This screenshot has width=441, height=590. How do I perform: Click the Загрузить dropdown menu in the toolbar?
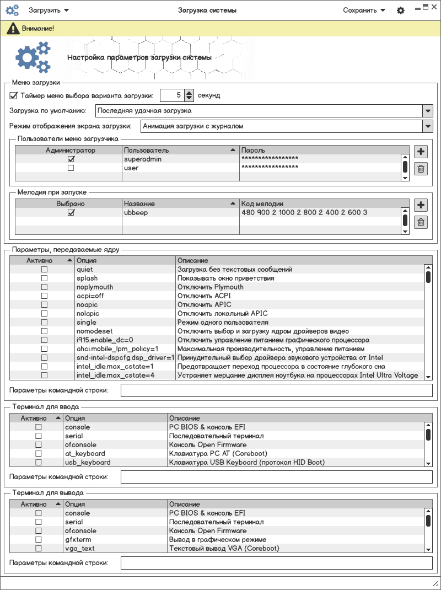[x=49, y=10]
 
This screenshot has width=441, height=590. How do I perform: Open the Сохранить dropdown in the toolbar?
[x=364, y=10]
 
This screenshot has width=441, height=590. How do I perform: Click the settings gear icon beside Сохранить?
[x=401, y=10]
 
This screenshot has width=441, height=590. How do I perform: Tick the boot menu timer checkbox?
[x=14, y=95]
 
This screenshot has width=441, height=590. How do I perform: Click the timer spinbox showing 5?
[x=171, y=95]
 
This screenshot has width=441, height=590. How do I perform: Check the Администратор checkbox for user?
[x=71, y=168]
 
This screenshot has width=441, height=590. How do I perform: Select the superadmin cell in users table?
[x=143, y=159]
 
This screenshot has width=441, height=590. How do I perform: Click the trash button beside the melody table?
[x=421, y=222]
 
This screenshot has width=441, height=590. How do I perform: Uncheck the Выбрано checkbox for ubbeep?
[x=71, y=213]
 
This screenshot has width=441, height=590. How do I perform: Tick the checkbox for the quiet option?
[x=44, y=270]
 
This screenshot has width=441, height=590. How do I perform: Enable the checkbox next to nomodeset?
[x=44, y=331]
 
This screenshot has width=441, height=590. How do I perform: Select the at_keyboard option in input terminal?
[x=84, y=454]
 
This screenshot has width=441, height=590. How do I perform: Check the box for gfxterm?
[x=39, y=540]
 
